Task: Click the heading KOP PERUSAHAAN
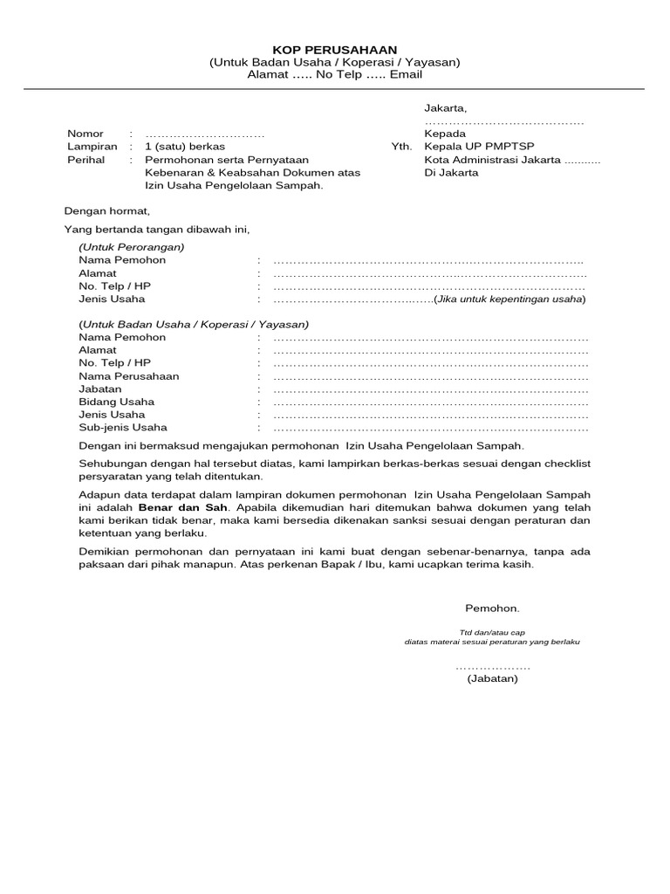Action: click(334, 51)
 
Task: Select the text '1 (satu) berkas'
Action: click(185, 147)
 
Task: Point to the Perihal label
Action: click(85, 160)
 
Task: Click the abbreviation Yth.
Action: click(400, 147)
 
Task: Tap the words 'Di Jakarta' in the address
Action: click(451, 173)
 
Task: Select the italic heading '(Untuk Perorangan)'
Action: click(132, 247)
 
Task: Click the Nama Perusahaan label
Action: click(128, 375)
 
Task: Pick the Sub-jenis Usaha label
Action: click(123, 428)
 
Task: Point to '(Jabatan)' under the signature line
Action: click(492, 678)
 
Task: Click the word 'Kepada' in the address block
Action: click(445, 134)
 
